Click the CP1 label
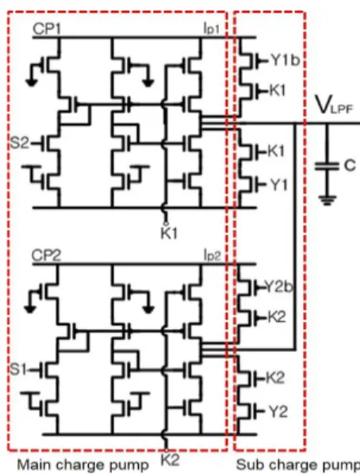tap(47, 29)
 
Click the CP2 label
tap(46, 256)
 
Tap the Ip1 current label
tap(212, 29)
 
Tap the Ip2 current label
tap(212, 256)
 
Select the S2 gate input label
tap(19, 143)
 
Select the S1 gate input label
tap(19, 369)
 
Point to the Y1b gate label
tap(285, 60)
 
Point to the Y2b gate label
tap(279, 286)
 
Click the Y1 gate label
tap(278, 185)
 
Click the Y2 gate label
tap(278, 411)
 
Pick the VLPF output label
tap(334, 105)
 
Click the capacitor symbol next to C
tap(327, 166)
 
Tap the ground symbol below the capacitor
tap(327, 200)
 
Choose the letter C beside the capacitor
tap(350, 166)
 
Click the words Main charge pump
tap(82, 464)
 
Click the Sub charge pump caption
tap(297, 464)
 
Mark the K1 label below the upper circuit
tap(169, 233)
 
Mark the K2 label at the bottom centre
tap(170, 460)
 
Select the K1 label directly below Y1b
tap(277, 90)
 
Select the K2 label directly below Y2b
tap(277, 317)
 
